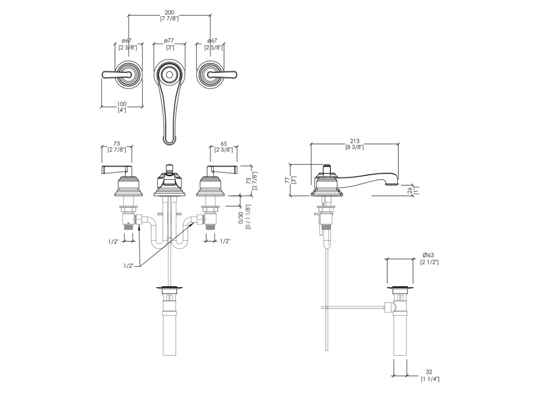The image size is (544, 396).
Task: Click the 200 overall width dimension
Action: click(x=169, y=15)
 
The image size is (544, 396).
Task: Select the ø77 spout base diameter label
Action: click(x=169, y=44)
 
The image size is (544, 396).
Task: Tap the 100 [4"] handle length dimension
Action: click(x=122, y=107)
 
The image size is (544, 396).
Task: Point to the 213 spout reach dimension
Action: click(x=354, y=144)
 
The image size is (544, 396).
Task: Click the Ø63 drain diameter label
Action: click(x=428, y=258)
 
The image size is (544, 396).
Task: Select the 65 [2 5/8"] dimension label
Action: click(x=224, y=147)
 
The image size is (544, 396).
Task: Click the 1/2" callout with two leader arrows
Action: click(x=129, y=266)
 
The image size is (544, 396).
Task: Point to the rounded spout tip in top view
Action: click(x=169, y=139)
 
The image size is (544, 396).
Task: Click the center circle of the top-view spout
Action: click(x=169, y=75)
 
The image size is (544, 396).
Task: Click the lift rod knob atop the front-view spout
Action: click(x=169, y=167)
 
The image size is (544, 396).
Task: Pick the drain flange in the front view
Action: click(x=169, y=288)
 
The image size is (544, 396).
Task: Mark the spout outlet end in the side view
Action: click(x=391, y=184)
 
